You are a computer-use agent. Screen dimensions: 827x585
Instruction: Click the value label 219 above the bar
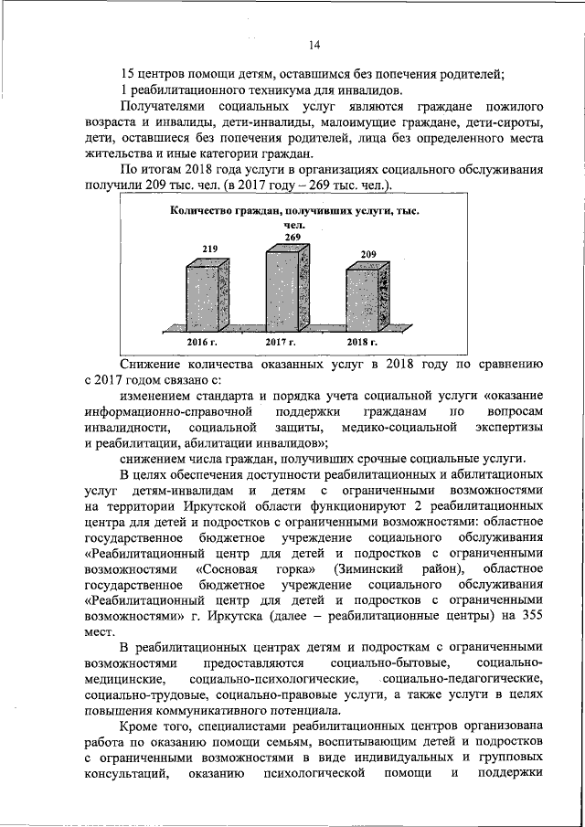(209, 249)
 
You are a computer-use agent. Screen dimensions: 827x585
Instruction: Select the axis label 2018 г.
(362, 342)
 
